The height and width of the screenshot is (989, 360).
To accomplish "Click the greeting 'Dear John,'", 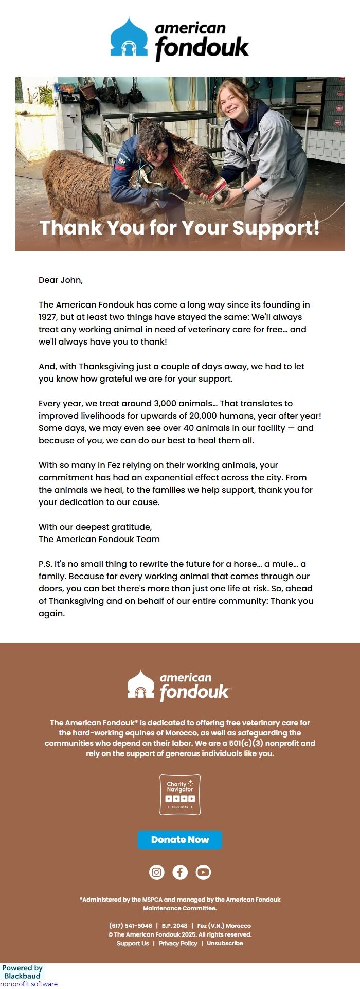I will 61,280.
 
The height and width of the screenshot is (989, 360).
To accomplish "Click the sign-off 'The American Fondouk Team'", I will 99,539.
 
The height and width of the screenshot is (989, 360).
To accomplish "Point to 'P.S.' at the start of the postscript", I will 45,564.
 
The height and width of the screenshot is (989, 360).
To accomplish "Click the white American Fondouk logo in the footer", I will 179,686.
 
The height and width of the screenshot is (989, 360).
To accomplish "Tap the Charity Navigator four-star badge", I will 180,795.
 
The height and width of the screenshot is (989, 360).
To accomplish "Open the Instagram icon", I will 157,872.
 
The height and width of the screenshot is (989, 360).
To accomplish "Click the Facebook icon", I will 180,872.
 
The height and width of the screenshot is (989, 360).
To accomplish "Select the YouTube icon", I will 203,872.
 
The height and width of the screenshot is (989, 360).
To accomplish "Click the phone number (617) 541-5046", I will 131,925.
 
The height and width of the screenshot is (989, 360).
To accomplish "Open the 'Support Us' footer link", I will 133,943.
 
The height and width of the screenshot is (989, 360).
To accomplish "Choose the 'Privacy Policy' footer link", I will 178,943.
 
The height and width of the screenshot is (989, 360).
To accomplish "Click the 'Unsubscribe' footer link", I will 225,943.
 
